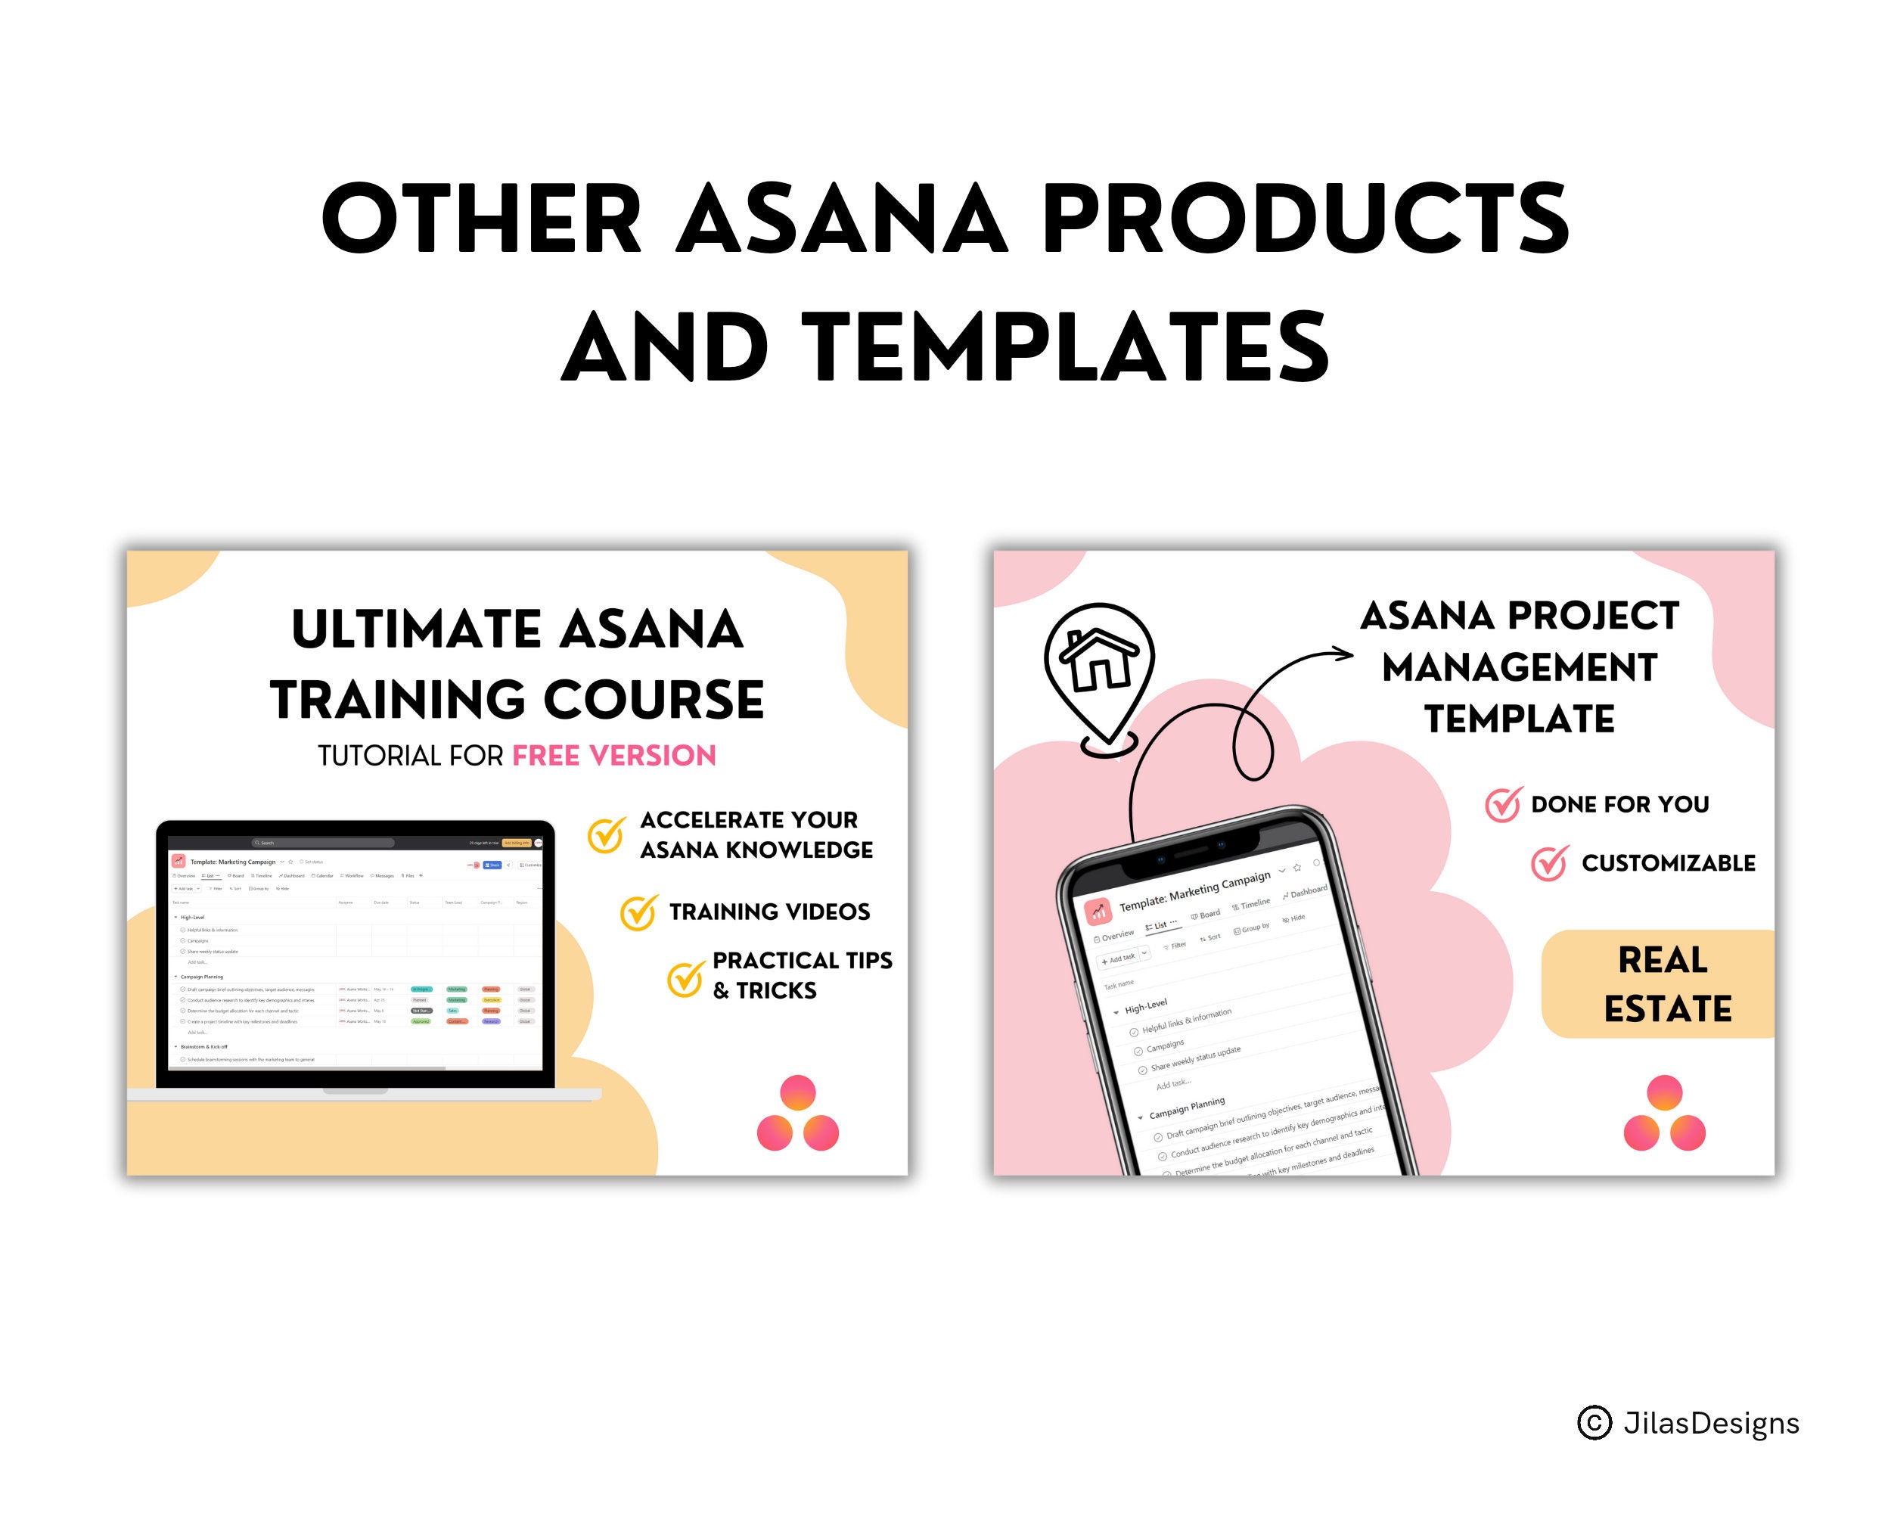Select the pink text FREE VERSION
tap(614, 755)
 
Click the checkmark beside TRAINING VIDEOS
tap(638, 913)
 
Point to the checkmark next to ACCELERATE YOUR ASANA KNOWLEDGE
tap(606, 835)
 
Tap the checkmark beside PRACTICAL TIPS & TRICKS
tap(685, 979)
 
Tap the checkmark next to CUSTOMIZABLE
tap(1550, 863)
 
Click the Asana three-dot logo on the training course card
tap(797, 1114)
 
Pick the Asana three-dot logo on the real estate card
tap(1664, 1114)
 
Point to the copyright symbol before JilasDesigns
tap(1594, 1423)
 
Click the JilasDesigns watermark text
tap(1710, 1423)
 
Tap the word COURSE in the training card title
tap(654, 700)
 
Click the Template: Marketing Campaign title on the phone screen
tap(1194, 890)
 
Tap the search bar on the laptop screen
tap(324, 843)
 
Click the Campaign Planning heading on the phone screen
tap(1187, 1108)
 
